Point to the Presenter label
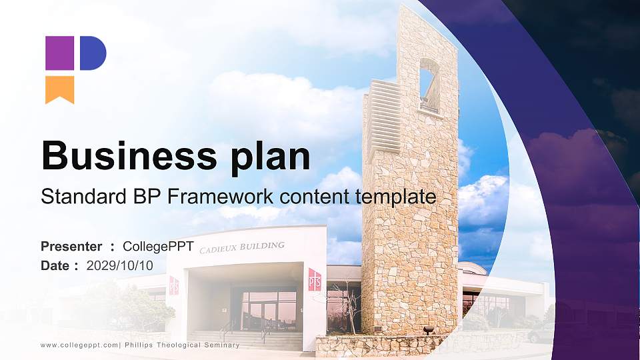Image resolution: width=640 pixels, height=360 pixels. click(71, 247)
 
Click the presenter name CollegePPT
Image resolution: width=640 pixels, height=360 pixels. click(159, 247)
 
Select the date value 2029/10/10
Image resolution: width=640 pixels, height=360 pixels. click(120, 265)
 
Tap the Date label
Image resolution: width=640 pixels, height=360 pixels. click(55, 265)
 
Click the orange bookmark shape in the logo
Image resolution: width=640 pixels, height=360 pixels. click(59, 89)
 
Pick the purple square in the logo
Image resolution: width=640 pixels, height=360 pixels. click(59, 53)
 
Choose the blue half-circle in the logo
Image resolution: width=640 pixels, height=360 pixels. click(93, 53)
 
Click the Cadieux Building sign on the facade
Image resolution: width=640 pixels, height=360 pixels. click(242, 247)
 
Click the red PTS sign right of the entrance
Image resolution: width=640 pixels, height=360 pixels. click(315, 279)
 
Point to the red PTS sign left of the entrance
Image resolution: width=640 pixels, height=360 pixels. click(173, 285)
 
